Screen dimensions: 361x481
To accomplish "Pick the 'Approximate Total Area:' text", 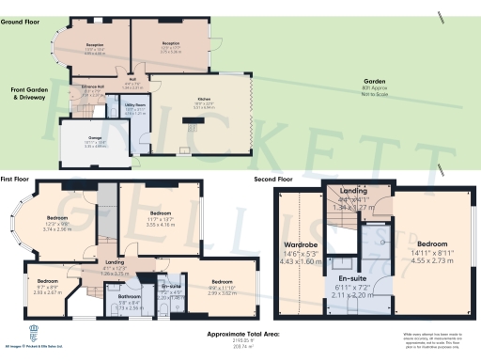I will click(x=242, y=334).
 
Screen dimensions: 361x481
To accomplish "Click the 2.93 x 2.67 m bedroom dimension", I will click(x=47, y=292).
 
